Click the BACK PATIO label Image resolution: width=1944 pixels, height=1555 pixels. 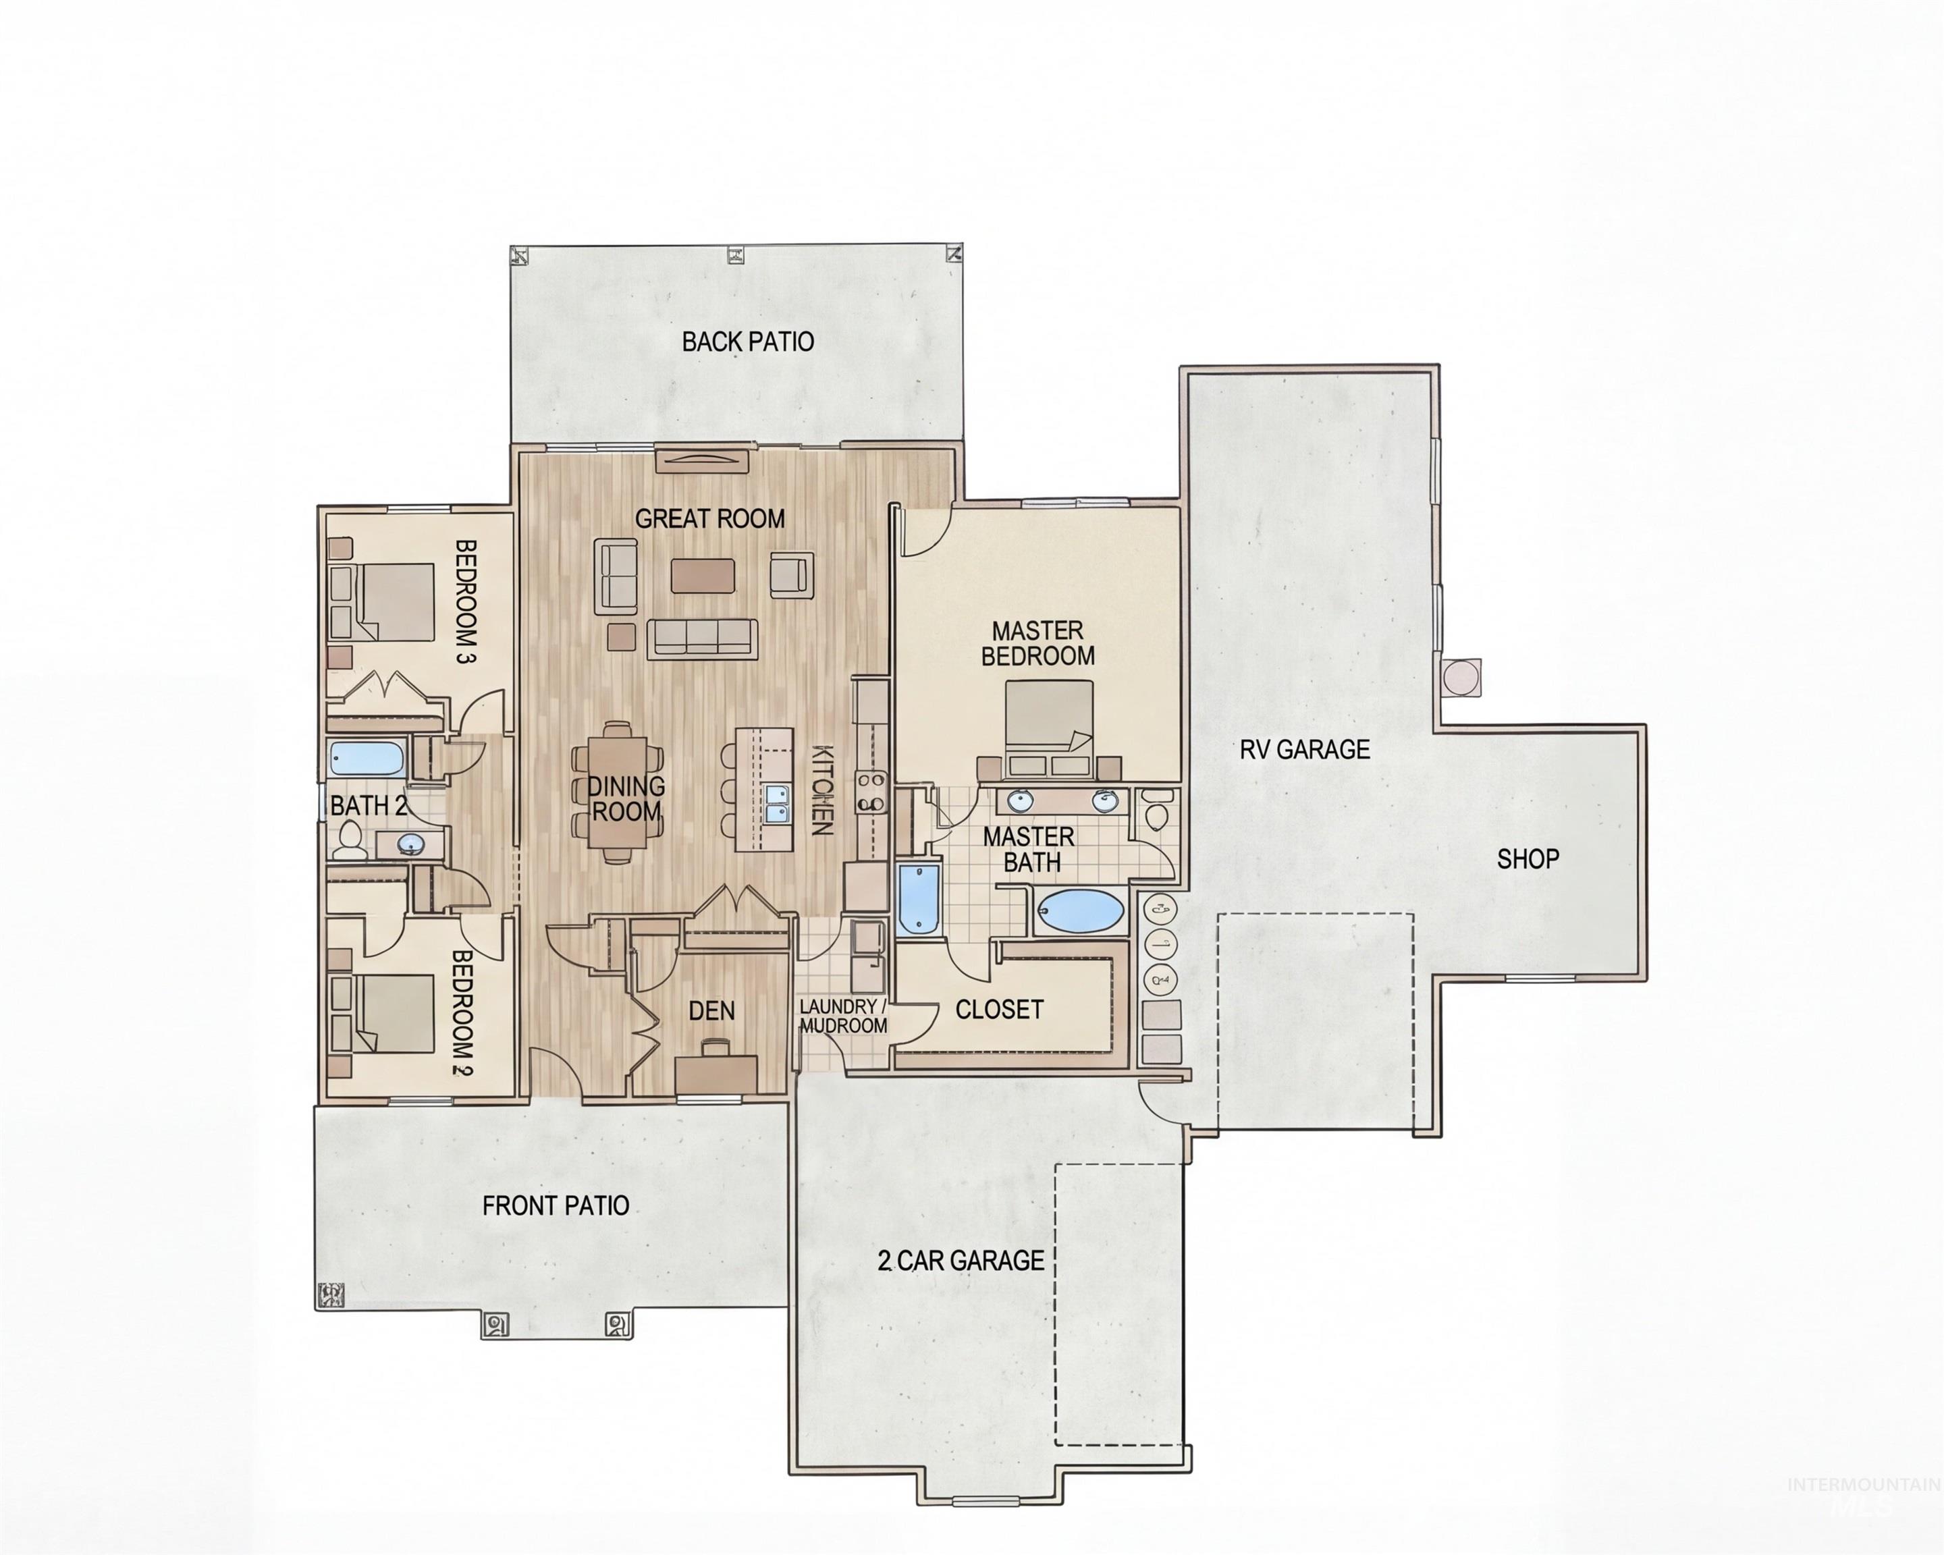click(x=747, y=342)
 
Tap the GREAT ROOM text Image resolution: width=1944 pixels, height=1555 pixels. click(x=709, y=518)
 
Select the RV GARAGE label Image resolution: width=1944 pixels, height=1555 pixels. click(x=1304, y=749)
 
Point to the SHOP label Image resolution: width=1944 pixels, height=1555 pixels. click(x=1528, y=859)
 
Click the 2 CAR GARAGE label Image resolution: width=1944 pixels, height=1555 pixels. click(x=961, y=1260)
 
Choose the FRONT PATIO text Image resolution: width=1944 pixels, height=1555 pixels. click(x=556, y=1205)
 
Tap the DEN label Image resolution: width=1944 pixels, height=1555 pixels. click(x=711, y=1010)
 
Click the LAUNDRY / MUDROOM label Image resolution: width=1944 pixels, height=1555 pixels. click(x=843, y=1016)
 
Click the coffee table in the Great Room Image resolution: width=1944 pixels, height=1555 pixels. click(x=703, y=576)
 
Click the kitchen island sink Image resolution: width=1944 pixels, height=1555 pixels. click(x=776, y=804)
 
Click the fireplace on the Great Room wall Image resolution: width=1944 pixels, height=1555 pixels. click(x=703, y=461)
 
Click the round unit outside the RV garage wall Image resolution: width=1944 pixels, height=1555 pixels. click(x=1460, y=676)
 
